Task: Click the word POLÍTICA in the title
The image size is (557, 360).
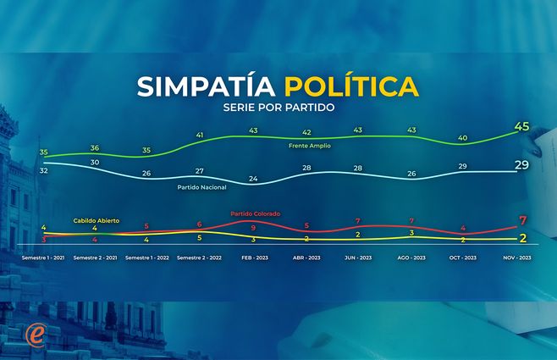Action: tap(350, 86)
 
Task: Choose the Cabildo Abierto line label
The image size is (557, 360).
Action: tap(96, 220)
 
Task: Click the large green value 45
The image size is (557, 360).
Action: tap(521, 128)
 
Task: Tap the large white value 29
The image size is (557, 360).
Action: tap(522, 164)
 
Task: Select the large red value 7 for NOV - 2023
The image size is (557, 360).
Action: tap(523, 222)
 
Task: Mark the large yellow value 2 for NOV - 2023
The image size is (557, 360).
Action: tap(523, 238)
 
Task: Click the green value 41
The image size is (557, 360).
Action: tap(200, 135)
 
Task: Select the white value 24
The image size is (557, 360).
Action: tap(252, 178)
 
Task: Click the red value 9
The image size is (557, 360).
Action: tap(252, 228)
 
